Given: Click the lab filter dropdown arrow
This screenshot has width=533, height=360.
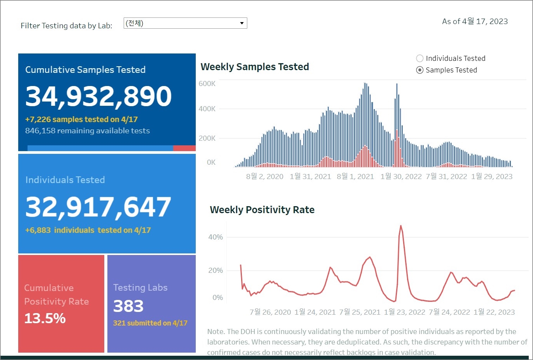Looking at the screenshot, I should [x=241, y=23].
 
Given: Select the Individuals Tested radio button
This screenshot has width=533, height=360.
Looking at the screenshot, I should [x=419, y=59].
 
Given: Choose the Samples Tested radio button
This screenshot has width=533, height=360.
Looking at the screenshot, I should [x=419, y=70].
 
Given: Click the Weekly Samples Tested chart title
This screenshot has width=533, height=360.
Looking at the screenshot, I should [x=255, y=67].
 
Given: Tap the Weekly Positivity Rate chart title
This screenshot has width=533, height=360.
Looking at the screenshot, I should [x=262, y=210].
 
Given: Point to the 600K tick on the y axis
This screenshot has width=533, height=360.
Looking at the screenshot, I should [x=207, y=84].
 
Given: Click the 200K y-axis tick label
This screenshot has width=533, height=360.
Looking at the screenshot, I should [x=207, y=138].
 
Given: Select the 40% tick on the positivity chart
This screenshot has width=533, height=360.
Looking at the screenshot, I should [x=216, y=237].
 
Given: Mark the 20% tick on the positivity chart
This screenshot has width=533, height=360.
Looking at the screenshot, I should [x=216, y=270].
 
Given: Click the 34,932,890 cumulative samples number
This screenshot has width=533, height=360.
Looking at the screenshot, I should [x=98, y=96].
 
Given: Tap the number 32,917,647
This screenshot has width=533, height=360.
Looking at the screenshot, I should [x=98, y=207].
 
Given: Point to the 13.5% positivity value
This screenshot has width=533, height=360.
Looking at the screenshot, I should [x=45, y=318].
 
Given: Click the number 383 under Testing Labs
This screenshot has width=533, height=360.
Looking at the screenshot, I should [x=128, y=306].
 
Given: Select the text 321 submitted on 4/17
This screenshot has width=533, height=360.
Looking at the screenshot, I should [x=150, y=323].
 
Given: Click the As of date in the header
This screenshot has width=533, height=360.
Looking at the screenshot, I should [x=475, y=21].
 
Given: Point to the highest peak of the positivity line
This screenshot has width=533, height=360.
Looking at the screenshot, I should [x=400, y=226].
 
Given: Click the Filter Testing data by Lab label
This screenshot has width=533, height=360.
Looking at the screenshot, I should [x=66, y=26].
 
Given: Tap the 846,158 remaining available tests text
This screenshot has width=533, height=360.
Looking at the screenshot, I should [x=87, y=131].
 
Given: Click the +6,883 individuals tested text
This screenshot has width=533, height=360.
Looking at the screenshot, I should [x=88, y=230].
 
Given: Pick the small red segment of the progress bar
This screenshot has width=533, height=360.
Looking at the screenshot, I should [x=184, y=148].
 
